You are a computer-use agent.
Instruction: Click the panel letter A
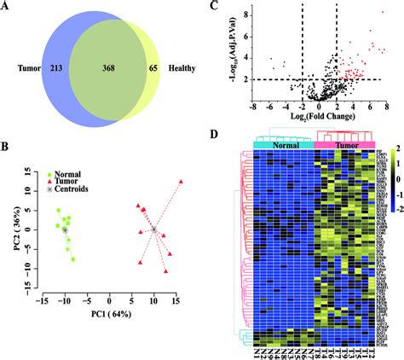pos(7,7)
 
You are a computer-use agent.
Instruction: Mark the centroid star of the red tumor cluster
pos(153,229)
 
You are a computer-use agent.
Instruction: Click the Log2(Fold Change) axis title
pos(317,117)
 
